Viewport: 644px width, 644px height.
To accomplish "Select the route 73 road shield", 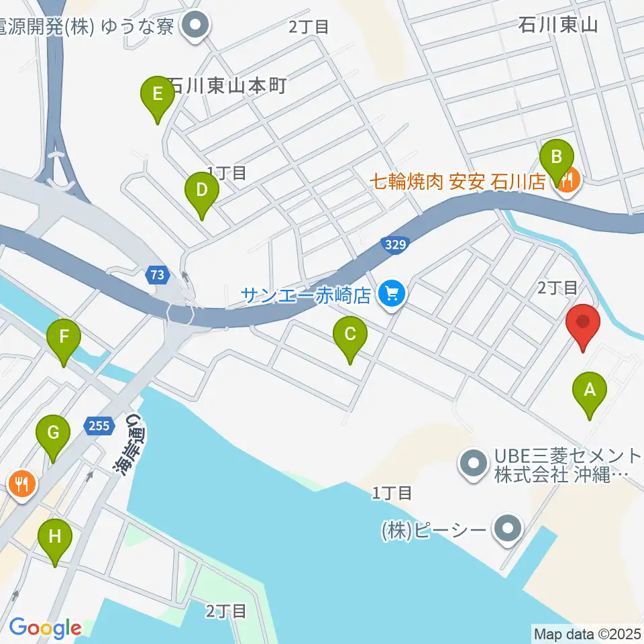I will coord(157,274).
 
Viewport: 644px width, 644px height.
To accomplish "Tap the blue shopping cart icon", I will coord(389,293).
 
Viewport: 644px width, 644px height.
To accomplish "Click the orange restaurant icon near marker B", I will coord(568,180).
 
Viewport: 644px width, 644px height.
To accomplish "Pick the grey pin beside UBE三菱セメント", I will coord(475,464).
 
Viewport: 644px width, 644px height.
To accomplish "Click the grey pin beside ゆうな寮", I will coord(196,27).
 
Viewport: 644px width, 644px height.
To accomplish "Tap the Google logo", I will coord(45,628).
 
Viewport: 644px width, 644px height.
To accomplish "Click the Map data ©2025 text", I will coord(587,633).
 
